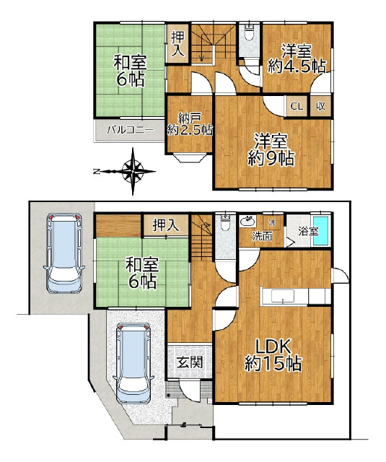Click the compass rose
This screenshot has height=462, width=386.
(x=133, y=171)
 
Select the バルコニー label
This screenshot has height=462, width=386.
(x=130, y=130)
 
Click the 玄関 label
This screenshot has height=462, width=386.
(x=190, y=362)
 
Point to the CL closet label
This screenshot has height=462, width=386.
(x=297, y=106)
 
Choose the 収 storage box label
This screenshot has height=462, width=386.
(x=320, y=106)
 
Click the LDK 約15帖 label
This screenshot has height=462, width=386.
(x=273, y=355)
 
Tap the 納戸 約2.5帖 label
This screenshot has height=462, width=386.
(x=190, y=124)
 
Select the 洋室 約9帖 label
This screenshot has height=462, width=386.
(x=271, y=150)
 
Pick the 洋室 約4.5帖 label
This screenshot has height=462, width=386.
(x=297, y=59)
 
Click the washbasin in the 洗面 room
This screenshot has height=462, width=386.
(x=247, y=221)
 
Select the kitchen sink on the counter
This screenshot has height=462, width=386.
(x=284, y=296)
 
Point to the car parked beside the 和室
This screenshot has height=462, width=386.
(x=64, y=253)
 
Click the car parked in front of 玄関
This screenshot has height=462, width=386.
(x=134, y=363)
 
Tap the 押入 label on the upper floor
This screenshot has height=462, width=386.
(x=177, y=43)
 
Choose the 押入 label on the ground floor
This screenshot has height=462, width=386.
(x=165, y=226)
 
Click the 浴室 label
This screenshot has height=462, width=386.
(x=308, y=231)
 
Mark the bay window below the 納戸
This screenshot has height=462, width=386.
(x=190, y=157)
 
